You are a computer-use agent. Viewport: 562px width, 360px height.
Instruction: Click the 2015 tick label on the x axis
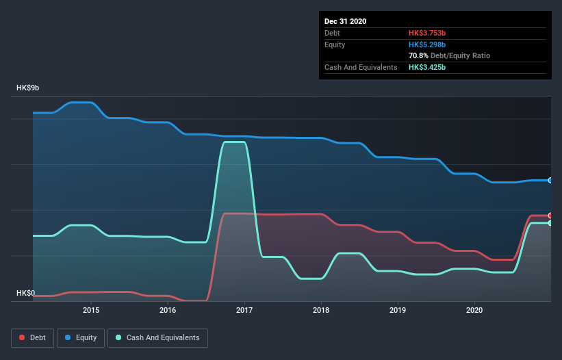point(91,310)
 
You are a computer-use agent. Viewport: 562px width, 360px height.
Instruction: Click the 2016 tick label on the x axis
point(168,310)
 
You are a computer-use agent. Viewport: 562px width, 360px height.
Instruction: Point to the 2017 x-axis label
point(244,310)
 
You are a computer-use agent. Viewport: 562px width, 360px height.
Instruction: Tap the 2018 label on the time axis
point(321,310)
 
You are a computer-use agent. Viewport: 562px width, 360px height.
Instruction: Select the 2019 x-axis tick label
point(398,310)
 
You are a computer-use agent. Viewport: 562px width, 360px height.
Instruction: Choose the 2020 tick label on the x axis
point(474,310)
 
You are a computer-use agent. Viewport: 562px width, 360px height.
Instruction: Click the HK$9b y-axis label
point(28,88)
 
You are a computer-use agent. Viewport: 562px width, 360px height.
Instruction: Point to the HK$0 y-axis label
point(25,294)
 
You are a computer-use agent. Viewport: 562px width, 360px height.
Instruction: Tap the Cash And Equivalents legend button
point(157,337)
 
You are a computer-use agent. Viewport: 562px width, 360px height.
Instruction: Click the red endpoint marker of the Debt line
point(550,216)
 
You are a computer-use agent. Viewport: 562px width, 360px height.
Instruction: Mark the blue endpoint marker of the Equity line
point(550,180)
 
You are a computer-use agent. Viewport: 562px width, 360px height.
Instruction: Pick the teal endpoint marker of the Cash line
point(550,223)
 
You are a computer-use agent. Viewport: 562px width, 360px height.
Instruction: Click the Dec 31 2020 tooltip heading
point(345,21)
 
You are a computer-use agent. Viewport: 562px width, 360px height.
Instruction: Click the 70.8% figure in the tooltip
point(419,55)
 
